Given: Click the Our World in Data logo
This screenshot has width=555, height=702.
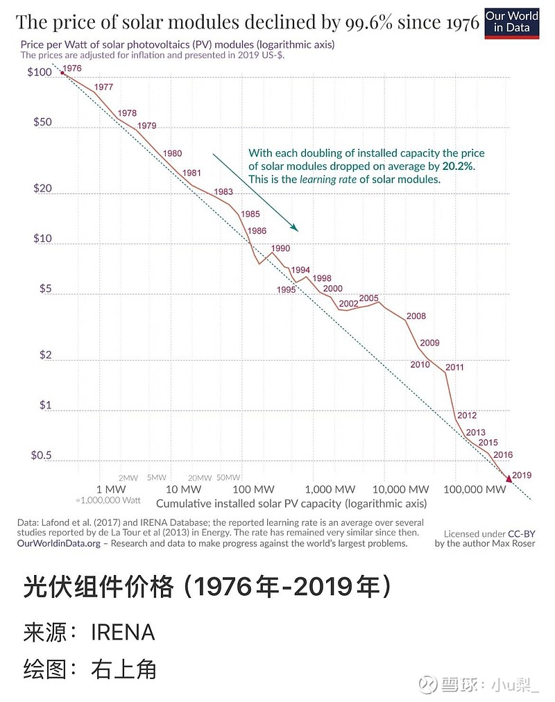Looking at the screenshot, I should click(x=511, y=22).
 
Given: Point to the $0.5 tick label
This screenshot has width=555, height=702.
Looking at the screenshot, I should click(x=42, y=456).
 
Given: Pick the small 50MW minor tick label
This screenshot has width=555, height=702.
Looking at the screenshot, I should click(x=228, y=477).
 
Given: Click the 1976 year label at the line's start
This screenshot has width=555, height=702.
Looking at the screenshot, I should click(x=71, y=69).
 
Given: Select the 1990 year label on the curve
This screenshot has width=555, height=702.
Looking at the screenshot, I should click(x=280, y=248).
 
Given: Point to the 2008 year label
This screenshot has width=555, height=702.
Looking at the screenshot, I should click(x=416, y=316).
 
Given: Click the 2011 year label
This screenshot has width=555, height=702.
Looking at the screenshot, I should click(x=454, y=367).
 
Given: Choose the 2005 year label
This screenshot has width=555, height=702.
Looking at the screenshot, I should click(x=369, y=298).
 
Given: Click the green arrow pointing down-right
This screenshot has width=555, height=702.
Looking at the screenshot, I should click(x=255, y=192).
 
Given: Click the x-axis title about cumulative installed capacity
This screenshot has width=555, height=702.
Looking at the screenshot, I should click(x=291, y=503).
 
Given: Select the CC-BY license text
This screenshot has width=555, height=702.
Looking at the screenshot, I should click(x=522, y=533).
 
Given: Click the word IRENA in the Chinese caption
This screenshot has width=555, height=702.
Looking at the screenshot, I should click(x=123, y=633).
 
